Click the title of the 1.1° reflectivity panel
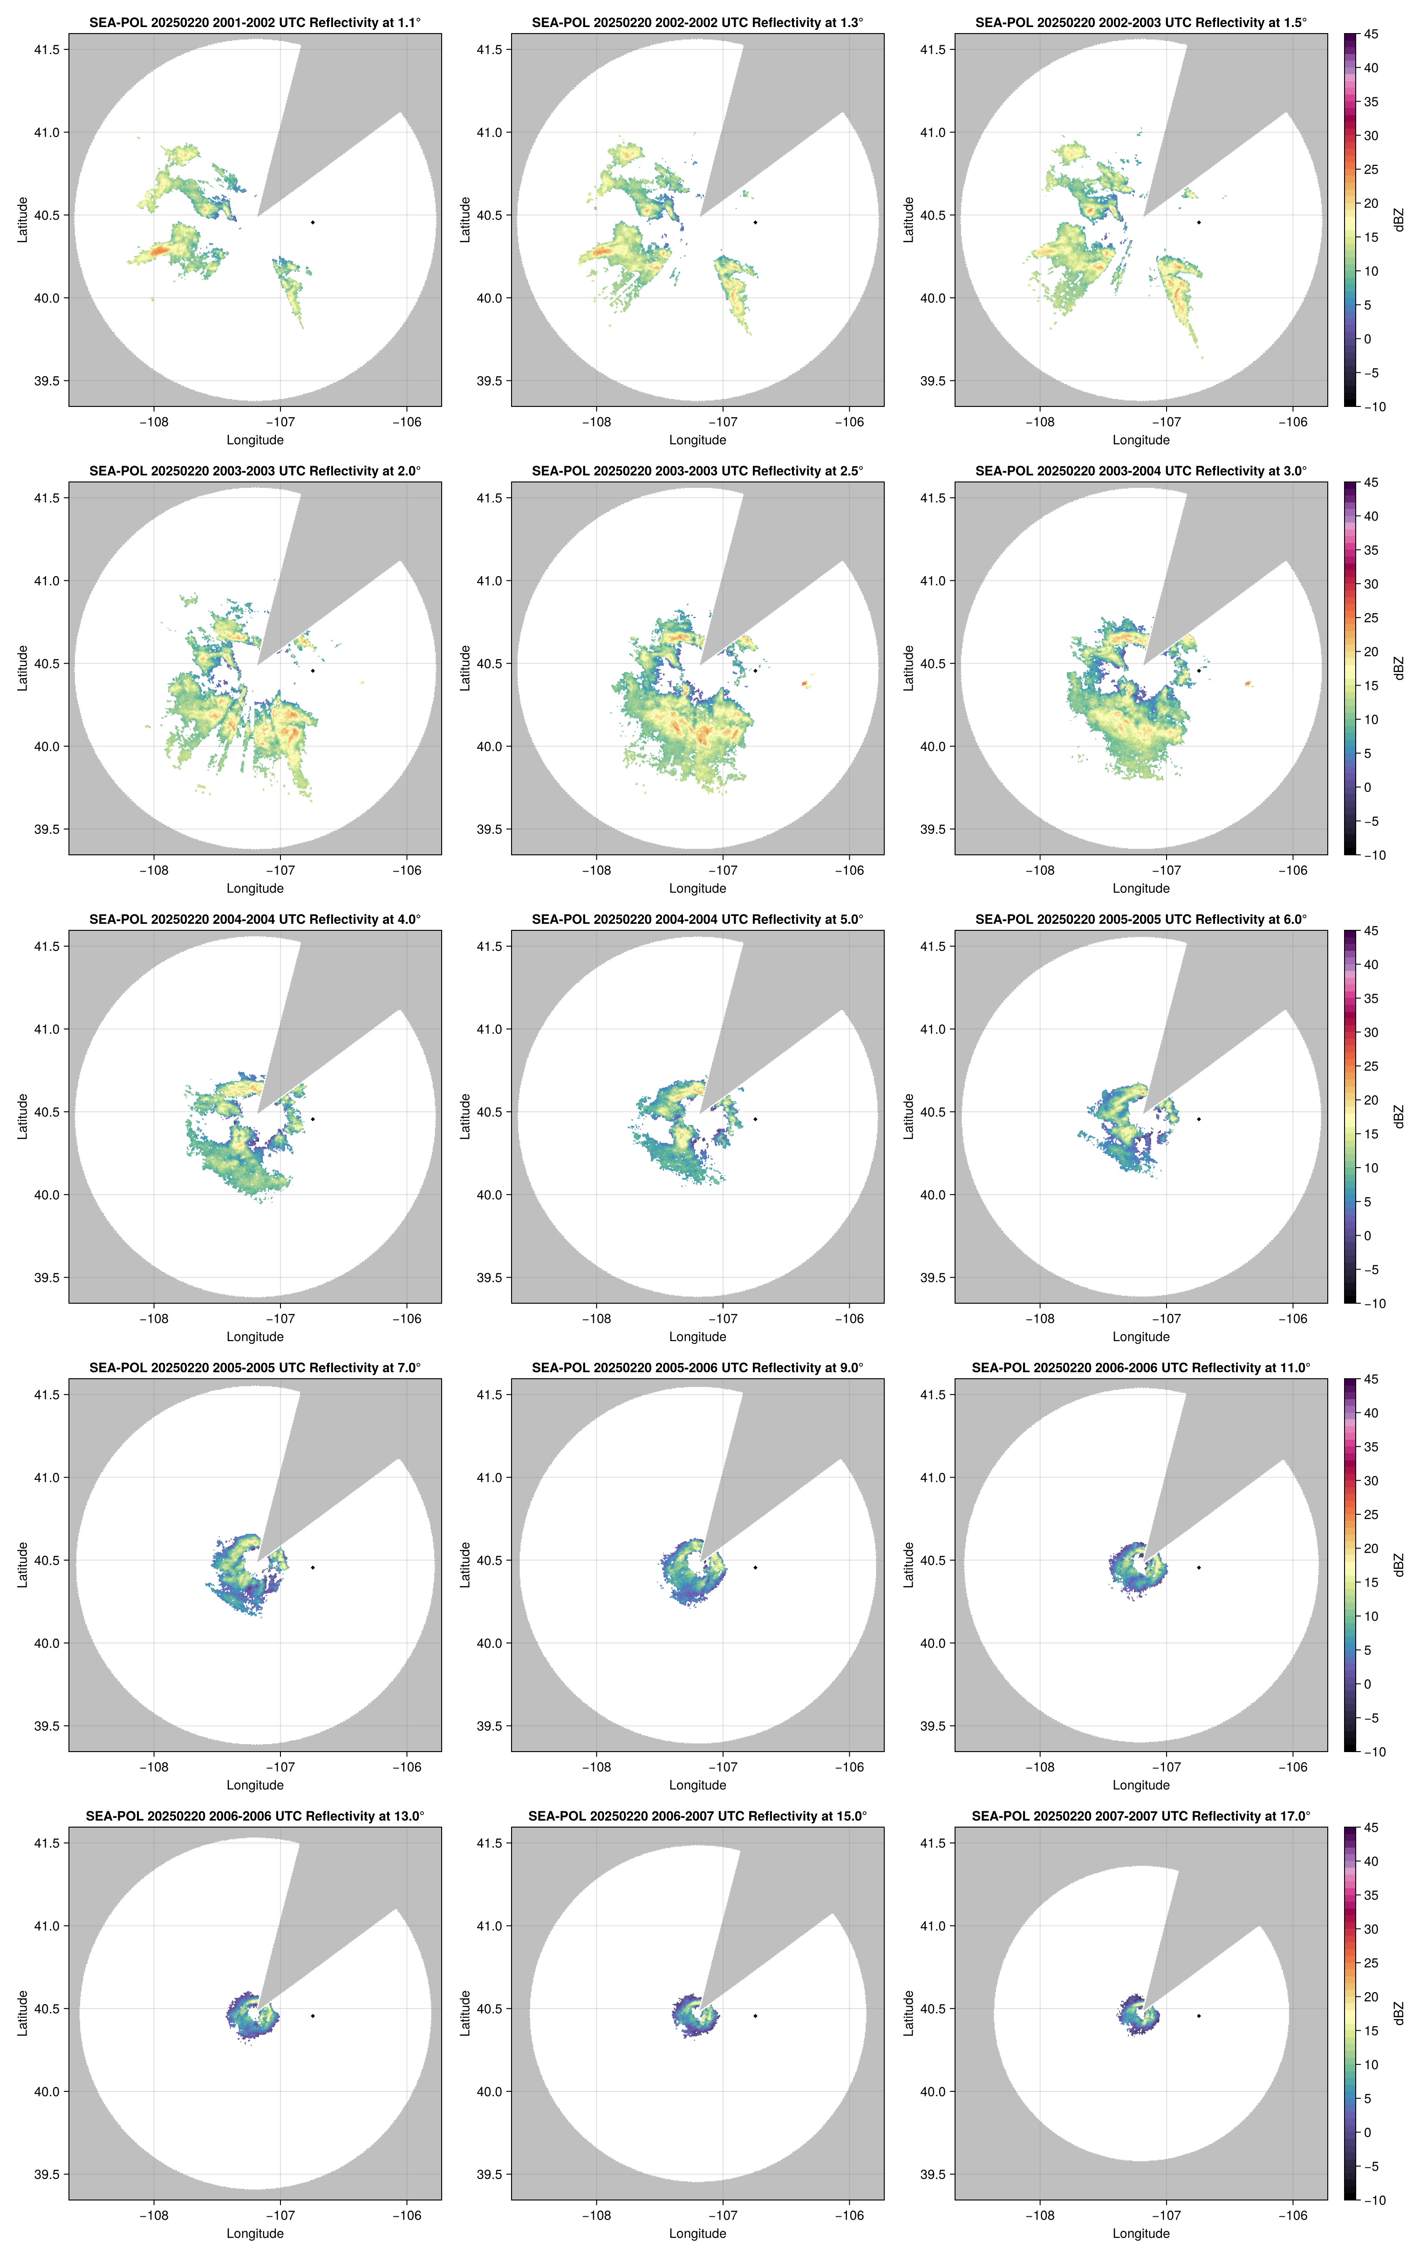255,22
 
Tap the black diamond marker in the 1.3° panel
755,222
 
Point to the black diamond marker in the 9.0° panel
755,1567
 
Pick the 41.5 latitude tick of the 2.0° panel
47,498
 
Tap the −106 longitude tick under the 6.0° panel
1293,1319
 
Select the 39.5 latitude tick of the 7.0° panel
47,1726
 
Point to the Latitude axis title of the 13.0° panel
22,2013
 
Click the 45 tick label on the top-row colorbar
1371,34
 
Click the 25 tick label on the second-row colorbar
1371,618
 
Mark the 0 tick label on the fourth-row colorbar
1366,1684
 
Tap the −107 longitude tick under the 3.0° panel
1165,870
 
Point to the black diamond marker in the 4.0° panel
313,1119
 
